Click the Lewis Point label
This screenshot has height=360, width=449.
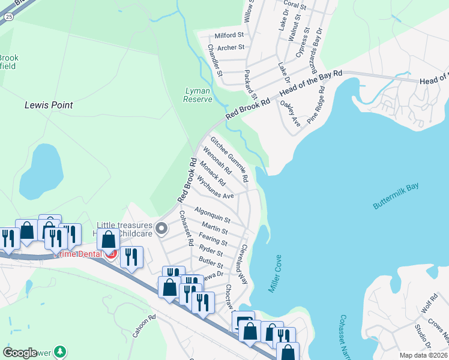click(x=49, y=105)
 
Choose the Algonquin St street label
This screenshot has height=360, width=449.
click(x=212, y=213)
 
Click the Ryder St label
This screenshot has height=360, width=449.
click(x=211, y=252)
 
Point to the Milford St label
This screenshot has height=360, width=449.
click(x=229, y=35)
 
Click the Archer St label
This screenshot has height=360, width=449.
click(x=231, y=47)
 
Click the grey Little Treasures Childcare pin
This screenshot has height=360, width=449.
click(x=161, y=229)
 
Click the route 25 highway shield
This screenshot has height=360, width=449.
click(x=7, y=16)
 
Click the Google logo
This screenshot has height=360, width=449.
click(x=20, y=353)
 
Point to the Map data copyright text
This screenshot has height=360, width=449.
click(x=424, y=355)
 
